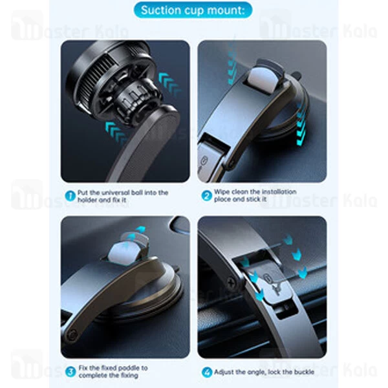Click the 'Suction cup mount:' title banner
(x=193, y=10)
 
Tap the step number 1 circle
(x=70, y=196)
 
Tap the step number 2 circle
(x=206, y=196)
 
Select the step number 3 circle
(x=70, y=372)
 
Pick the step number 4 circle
(x=207, y=372)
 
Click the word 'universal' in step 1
(x=114, y=193)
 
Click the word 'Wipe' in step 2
(x=221, y=192)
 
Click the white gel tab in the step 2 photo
(x=263, y=80)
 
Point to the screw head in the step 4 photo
(x=231, y=283)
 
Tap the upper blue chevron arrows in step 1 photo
(x=169, y=83)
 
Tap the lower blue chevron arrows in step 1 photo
(x=116, y=132)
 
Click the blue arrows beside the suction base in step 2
(x=301, y=125)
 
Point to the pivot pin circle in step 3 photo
(x=72, y=335)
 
